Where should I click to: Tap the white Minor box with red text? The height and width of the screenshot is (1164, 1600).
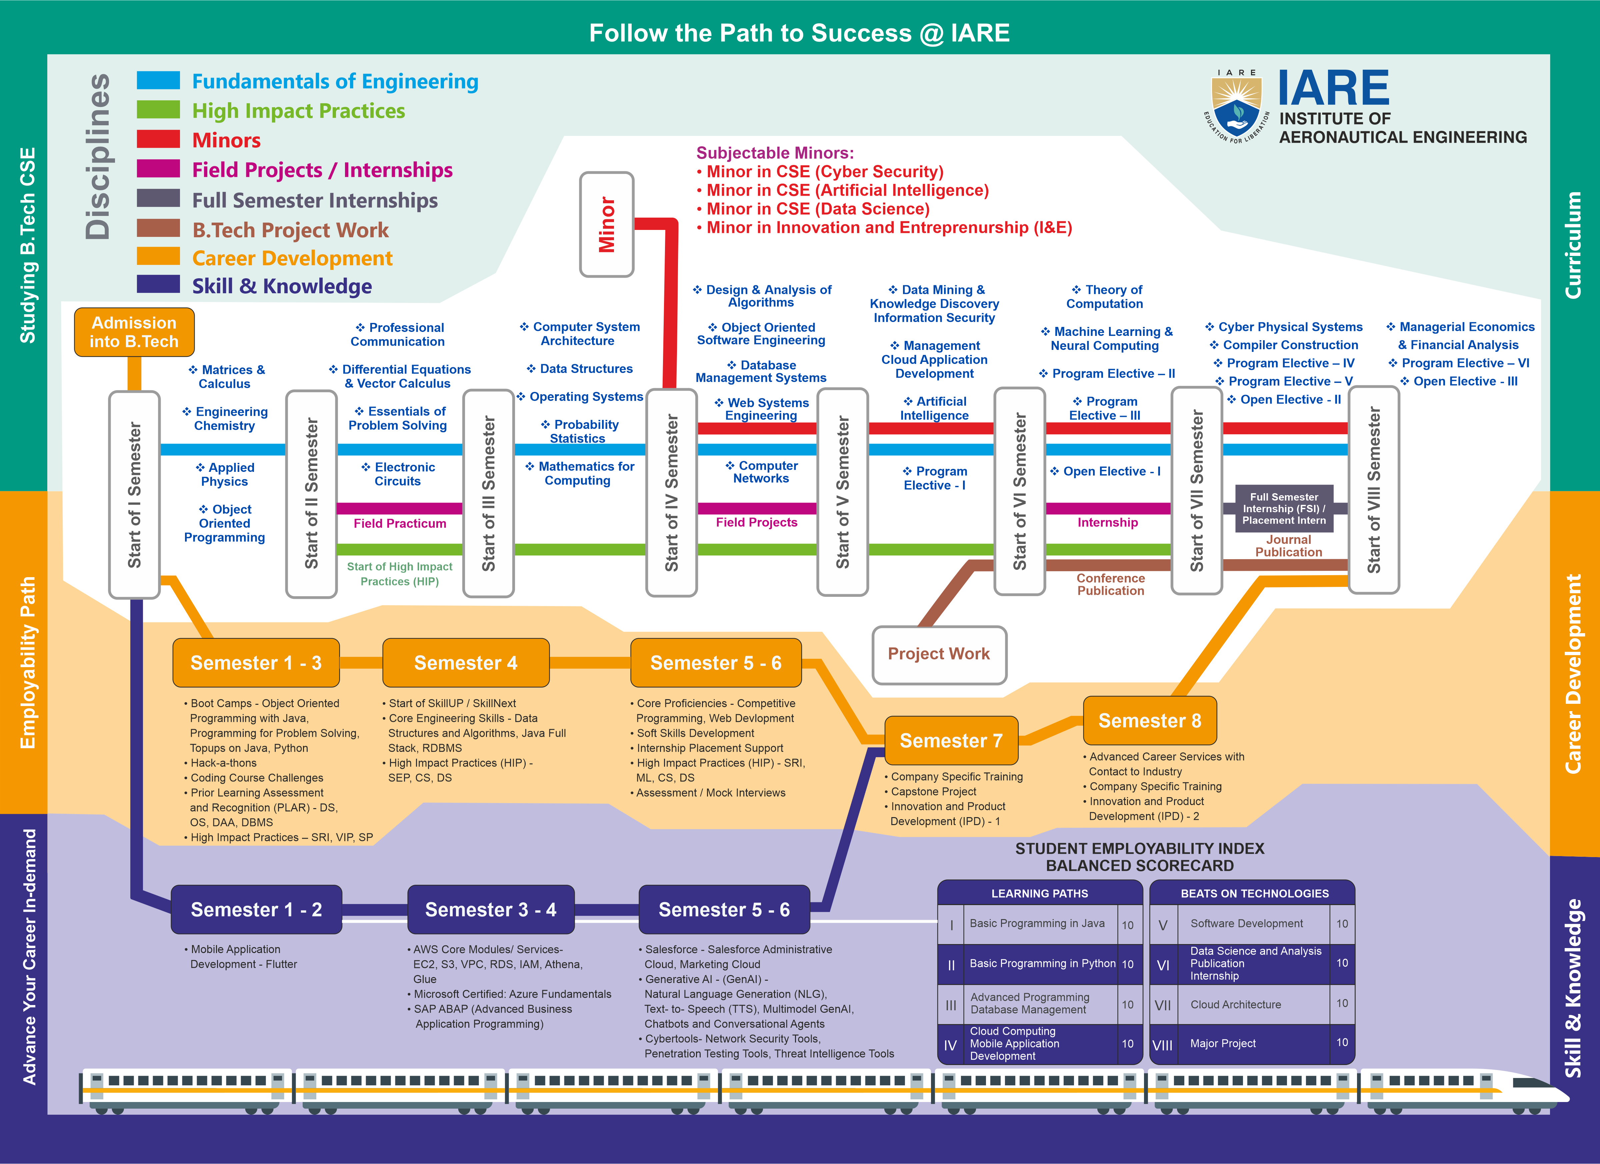click(x=607, y=224)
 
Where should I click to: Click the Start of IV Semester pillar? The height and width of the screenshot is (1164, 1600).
click(x=672, y=493)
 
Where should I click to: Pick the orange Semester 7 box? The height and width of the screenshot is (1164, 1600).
click(x=951, y=740)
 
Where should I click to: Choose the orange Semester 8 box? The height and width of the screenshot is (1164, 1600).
click(x=1150, y=720)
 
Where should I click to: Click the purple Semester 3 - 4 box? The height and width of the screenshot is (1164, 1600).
click(x=491, y=909)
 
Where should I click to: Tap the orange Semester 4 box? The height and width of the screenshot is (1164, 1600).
click(x=466, y=662)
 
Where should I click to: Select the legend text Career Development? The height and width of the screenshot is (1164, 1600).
click(x=292, y=258)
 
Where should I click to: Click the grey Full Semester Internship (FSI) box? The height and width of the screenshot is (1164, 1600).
click(x=1284, y=508)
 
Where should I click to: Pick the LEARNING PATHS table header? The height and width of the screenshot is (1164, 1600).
click(x=1040, y=893)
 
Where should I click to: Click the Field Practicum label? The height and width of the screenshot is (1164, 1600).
click(x=400, y=523)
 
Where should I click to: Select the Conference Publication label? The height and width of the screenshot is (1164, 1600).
click(x=1110, y=584)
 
